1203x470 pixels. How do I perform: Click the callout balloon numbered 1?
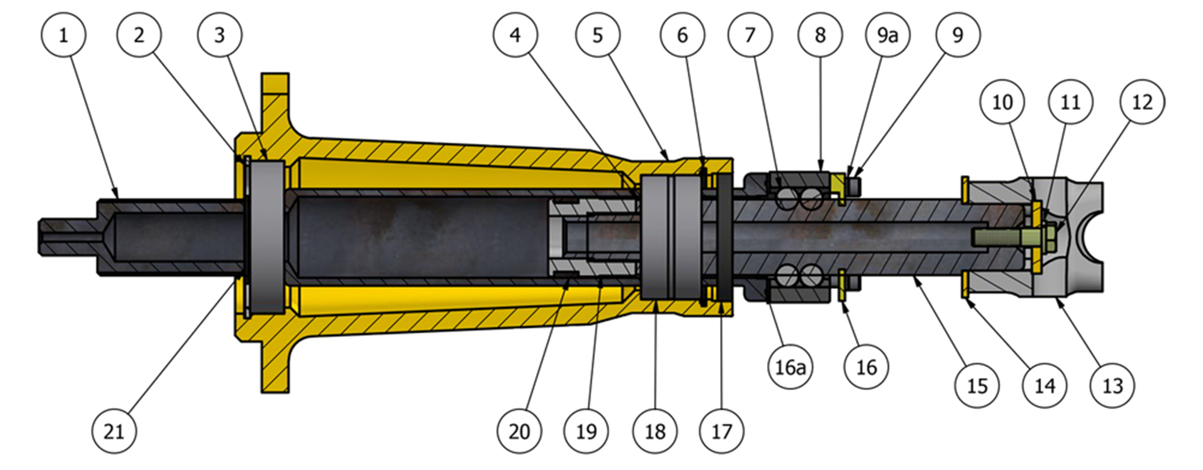(63, 35)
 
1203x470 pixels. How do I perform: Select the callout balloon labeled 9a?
(887, 35)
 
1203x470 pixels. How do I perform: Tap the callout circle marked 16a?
(790, 367)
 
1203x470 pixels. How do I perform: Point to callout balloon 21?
(114, 431)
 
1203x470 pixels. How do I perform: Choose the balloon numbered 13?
(1112, 385)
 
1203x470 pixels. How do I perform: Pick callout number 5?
(597, 35)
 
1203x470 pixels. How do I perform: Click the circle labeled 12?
(1142, 102)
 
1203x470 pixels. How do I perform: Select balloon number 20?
(519, 431)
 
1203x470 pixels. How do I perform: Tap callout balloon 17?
(722, 431)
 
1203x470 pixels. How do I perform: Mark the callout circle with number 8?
(820, 35)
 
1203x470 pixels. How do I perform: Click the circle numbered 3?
(220, 35)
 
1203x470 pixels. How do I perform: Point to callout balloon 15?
(977, 385)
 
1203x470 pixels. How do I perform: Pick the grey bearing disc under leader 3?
(267, 237)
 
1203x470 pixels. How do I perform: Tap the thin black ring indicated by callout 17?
(724, 237)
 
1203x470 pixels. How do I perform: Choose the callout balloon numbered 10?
(1002, 102)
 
